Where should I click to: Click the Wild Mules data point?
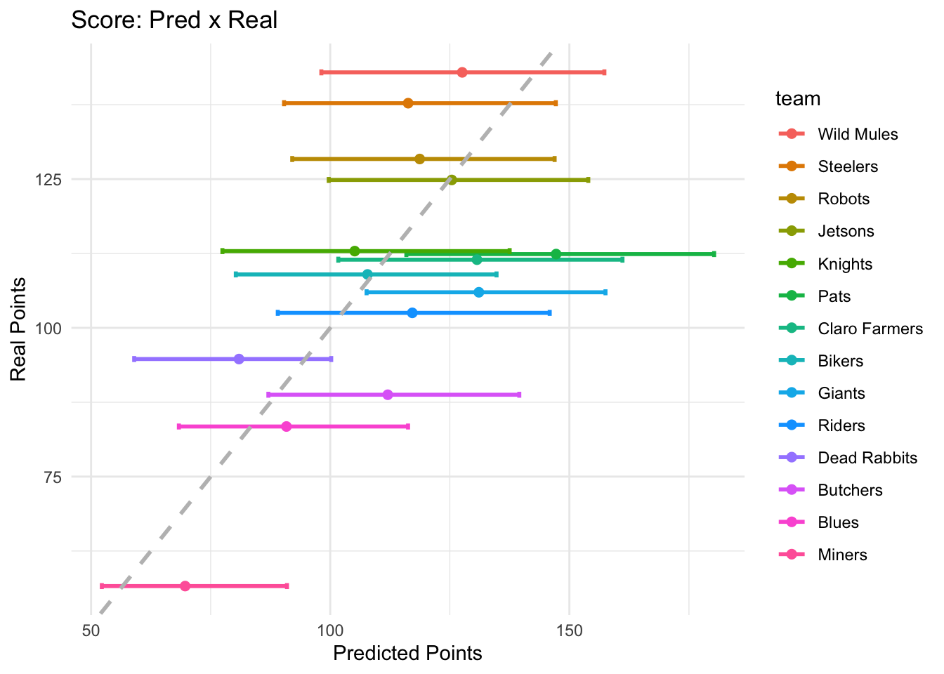461,72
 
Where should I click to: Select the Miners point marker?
185,586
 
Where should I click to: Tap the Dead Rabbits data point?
239,359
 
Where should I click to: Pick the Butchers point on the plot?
388,395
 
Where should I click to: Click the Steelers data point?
408,103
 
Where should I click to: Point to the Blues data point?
286,426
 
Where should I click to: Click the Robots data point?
419,159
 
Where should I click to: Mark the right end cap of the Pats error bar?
714,253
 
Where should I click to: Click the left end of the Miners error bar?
101,586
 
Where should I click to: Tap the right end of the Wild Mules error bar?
604,72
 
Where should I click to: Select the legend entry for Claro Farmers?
870,329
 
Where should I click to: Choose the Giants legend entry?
841,393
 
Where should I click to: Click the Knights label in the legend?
844,264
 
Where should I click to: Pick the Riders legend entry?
841,425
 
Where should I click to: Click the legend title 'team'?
797,99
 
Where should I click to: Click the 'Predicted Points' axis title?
407,654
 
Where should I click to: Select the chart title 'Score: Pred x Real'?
174,20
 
